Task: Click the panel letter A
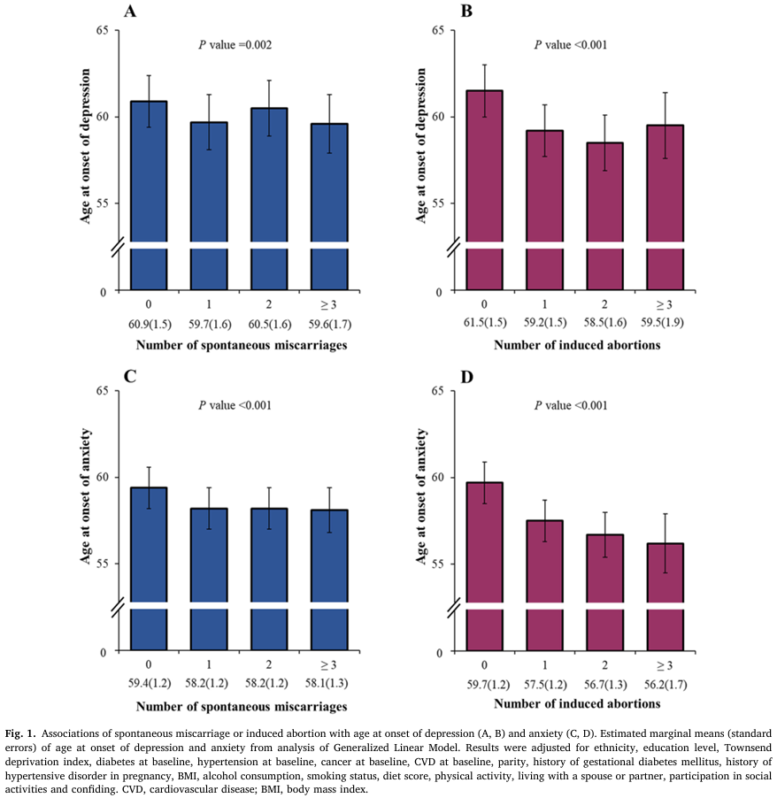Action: coord(130,12)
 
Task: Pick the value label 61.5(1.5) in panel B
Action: coord(484,325)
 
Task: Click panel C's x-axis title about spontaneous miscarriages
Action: coord(241,706)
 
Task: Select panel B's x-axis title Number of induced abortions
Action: coord(577,345)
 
